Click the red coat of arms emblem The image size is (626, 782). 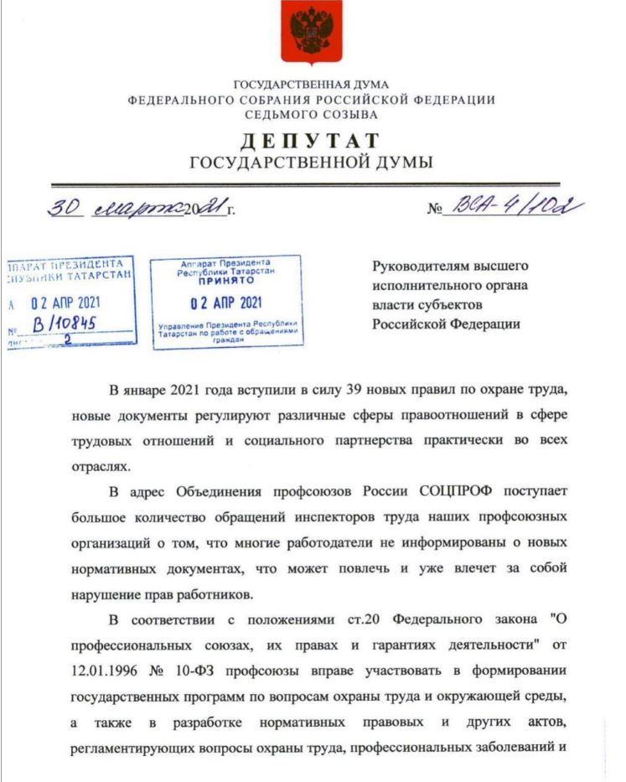click(311, 33)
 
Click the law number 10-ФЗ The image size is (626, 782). click(188, 672)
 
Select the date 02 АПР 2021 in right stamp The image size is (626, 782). click(226, 302)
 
